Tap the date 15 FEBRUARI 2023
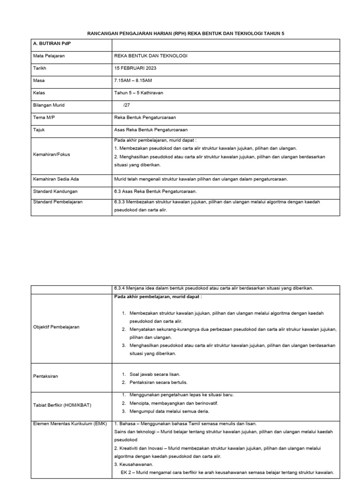coord(135,68)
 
